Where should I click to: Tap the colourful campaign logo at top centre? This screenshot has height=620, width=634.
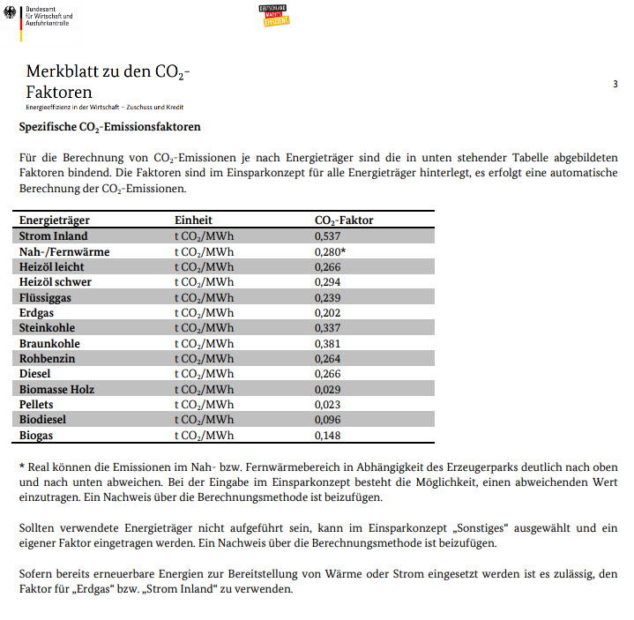(273, 14)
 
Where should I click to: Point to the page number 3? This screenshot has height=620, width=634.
(615, 84)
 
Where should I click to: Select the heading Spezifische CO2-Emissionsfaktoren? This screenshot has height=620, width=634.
(109, 127)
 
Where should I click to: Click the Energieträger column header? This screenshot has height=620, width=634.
(55, 220)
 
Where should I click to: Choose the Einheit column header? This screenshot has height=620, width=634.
(193, 220)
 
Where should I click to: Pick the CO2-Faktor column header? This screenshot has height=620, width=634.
(344, 220)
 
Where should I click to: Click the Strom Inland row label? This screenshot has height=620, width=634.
(54, 236)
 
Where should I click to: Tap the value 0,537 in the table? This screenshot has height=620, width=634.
(328, 236)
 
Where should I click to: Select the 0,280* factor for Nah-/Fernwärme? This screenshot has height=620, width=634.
(330, 251)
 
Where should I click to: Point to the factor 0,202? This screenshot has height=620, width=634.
(328, 312)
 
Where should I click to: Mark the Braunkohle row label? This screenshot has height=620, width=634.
(49, 343)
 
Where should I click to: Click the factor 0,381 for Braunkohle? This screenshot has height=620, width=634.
(328, 343)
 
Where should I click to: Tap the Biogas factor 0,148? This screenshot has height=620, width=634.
(328, 435)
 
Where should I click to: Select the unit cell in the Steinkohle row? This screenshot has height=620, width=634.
(204, 328)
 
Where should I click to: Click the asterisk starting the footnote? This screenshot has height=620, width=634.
(22, 467)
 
